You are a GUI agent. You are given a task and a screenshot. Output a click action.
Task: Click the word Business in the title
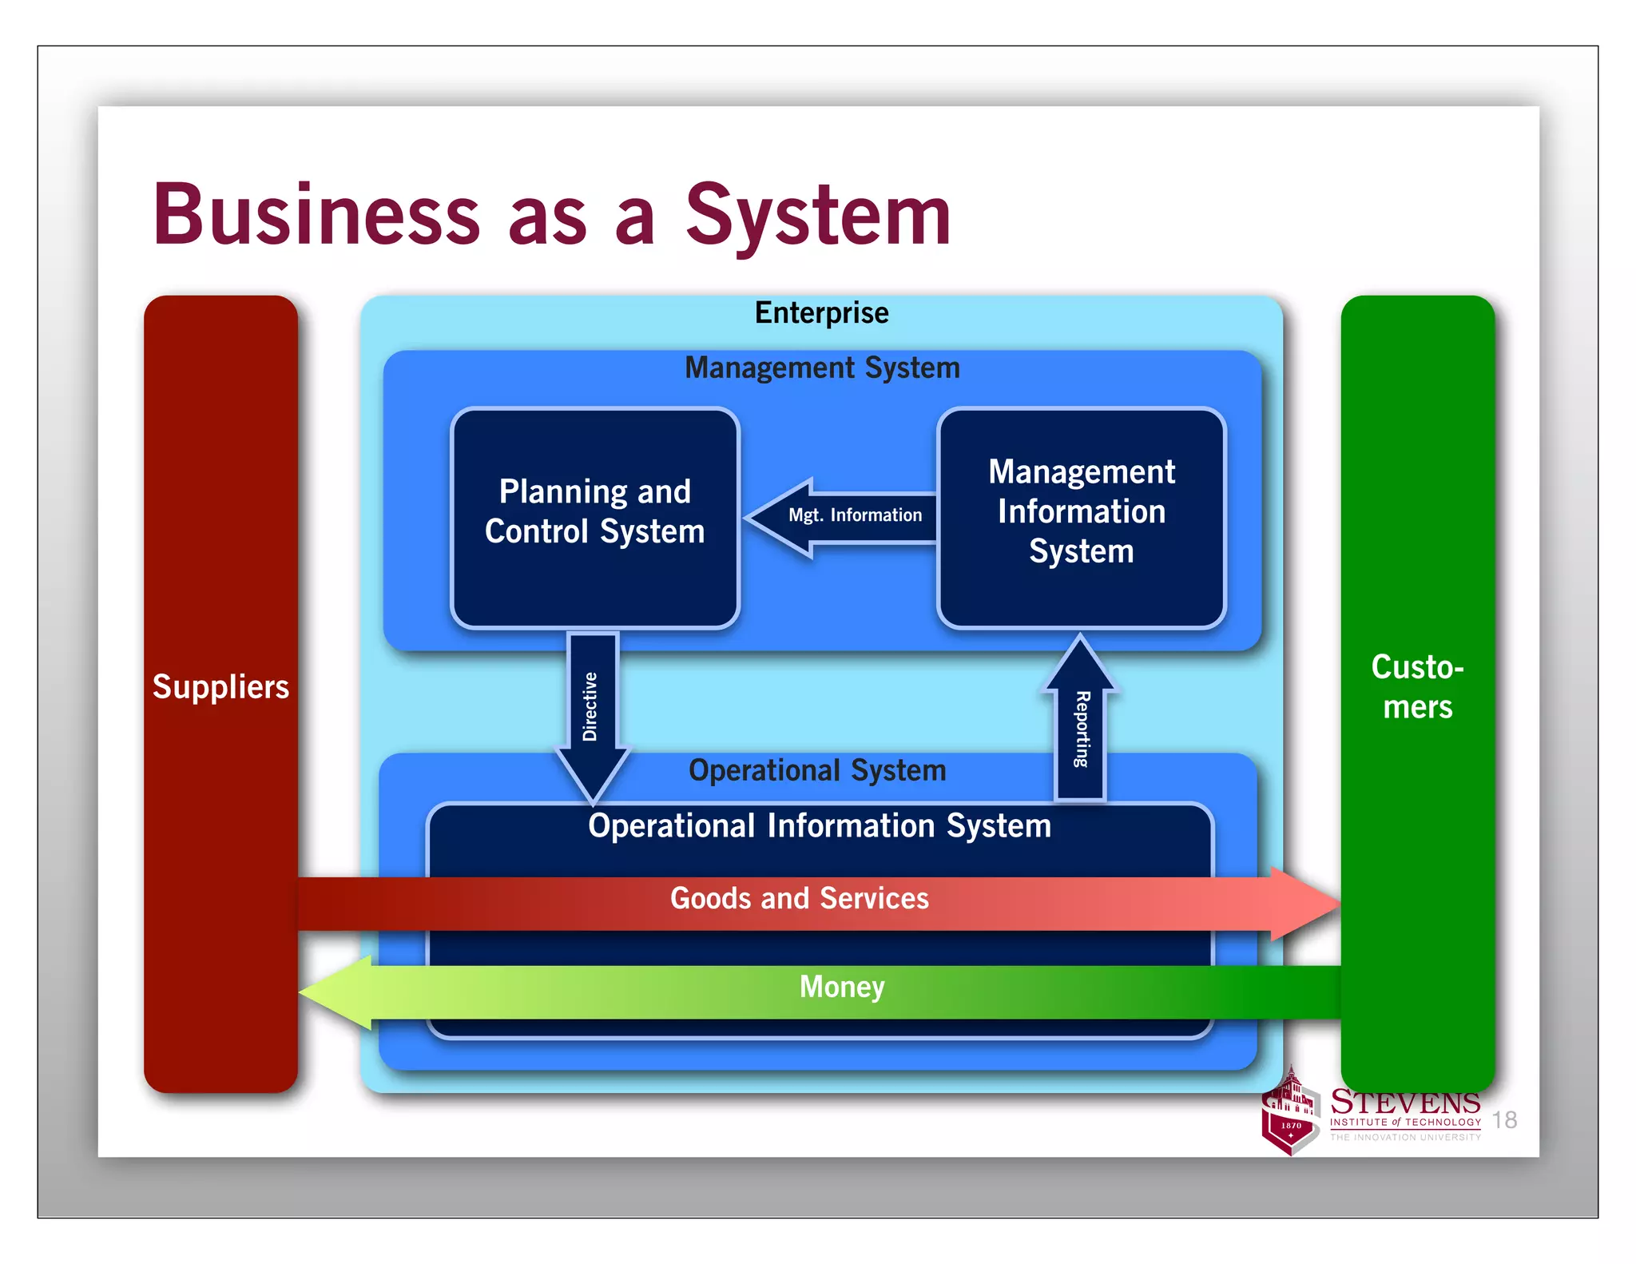[316, 214]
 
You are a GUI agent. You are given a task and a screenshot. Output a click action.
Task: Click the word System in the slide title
[818, 214]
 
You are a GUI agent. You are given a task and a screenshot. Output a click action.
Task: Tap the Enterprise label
[821, 312]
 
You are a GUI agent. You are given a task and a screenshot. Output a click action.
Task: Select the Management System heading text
[822, 368]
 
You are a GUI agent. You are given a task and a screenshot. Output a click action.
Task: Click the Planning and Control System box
[594, 518]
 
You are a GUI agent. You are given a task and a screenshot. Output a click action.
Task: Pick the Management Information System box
[1081, 518]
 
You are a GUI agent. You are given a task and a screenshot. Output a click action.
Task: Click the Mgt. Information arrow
[847, 515]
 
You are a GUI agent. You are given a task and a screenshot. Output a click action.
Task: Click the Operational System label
[817, 770]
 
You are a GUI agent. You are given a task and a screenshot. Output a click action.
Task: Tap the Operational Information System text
[820, 825]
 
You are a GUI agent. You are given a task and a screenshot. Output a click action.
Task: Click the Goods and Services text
[799, 898]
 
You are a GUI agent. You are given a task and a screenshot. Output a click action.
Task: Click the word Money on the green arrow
[842, 987]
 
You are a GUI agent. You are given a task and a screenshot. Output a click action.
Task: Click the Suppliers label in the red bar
[220, 687]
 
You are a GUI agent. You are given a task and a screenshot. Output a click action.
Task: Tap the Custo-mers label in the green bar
[1417, 687]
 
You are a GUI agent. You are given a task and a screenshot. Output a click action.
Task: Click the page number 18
[1505, 1120]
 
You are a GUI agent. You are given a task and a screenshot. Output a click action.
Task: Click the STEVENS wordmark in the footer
[1405, 1103]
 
